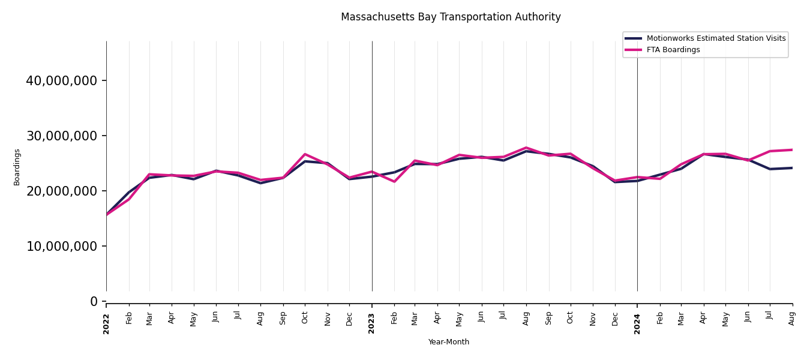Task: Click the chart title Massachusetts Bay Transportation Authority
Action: point(451,17)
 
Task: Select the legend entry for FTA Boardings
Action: point(673,50)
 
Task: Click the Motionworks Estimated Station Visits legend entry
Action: point(716,38)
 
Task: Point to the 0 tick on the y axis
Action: point(94,301)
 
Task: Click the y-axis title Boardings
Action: point(17,167)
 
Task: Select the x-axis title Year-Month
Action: point(449,342)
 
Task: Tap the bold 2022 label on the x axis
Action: point(106,323)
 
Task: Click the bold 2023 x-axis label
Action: point(372,323)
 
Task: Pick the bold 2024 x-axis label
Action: point(637,323)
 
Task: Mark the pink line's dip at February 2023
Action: point(394,181)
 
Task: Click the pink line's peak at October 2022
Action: point(305,154)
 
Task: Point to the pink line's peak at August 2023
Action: point(526,148)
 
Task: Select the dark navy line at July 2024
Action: point(770,169)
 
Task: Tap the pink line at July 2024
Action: point(770,151)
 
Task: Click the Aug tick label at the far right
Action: point(792,318)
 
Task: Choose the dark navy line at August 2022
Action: point(260,183)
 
